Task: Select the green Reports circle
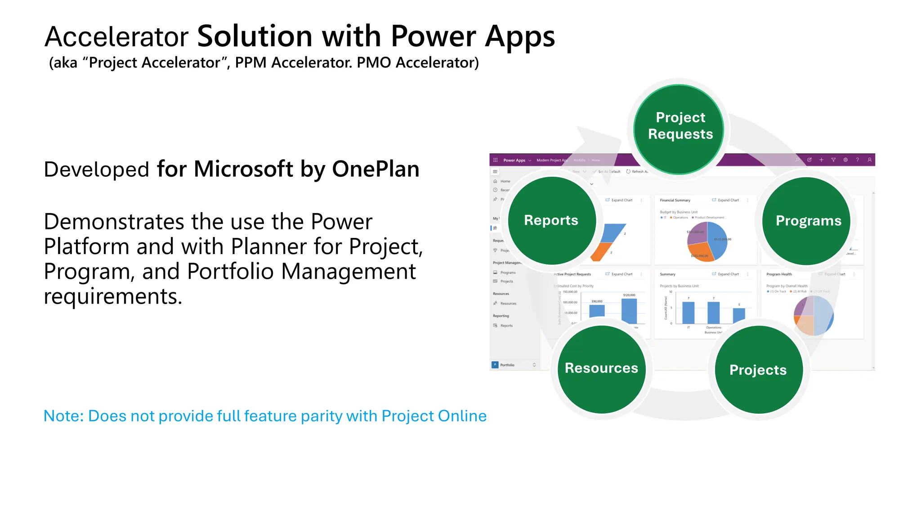[x=551, y=220]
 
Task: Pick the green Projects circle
[x=758, y=370]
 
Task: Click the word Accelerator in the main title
[x=116, y=37]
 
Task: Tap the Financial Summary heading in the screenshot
[x=675, y=200]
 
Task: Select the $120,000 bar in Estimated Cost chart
[x=629, y=310]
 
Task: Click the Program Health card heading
[x=779, y=274]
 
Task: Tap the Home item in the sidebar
[x=505, y=181]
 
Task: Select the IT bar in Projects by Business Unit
[x=688, y=313]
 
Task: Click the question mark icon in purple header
[x=857, y=160]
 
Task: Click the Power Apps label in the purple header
[x=514, y=160]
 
